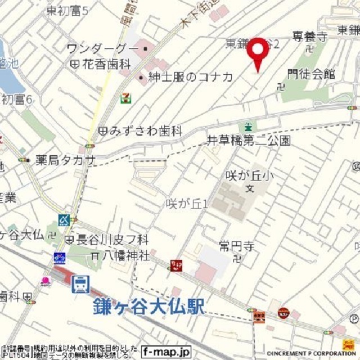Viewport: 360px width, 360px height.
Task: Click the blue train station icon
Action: click(80, 283)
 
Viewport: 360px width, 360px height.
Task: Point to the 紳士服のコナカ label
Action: click(190, 77)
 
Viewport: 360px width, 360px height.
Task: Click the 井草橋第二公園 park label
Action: click(248, 141)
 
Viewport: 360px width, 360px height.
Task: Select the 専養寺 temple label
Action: click(309, 37)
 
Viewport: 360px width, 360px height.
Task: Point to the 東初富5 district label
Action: click(68, 10)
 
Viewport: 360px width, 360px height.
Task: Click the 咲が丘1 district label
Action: click(187, 203)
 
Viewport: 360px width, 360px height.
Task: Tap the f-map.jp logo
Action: click(166, 352)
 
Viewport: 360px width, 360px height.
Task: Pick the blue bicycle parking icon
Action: click(59, 258)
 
